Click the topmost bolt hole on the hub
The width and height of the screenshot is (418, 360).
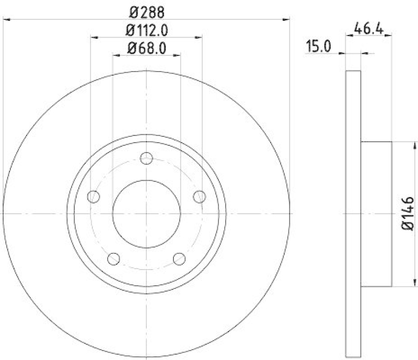pos(147,158)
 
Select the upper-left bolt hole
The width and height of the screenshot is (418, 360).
pos(94,196)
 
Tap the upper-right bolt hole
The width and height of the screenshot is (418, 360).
pos(200,196)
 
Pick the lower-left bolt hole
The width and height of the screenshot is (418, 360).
pos(114,259)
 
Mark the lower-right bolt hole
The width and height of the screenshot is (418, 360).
pos(179,259)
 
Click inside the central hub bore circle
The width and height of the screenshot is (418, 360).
pos(147,214)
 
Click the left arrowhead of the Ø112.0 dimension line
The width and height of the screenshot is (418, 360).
pos(94,38)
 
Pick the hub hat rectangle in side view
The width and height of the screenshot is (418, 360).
pos(376,214)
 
